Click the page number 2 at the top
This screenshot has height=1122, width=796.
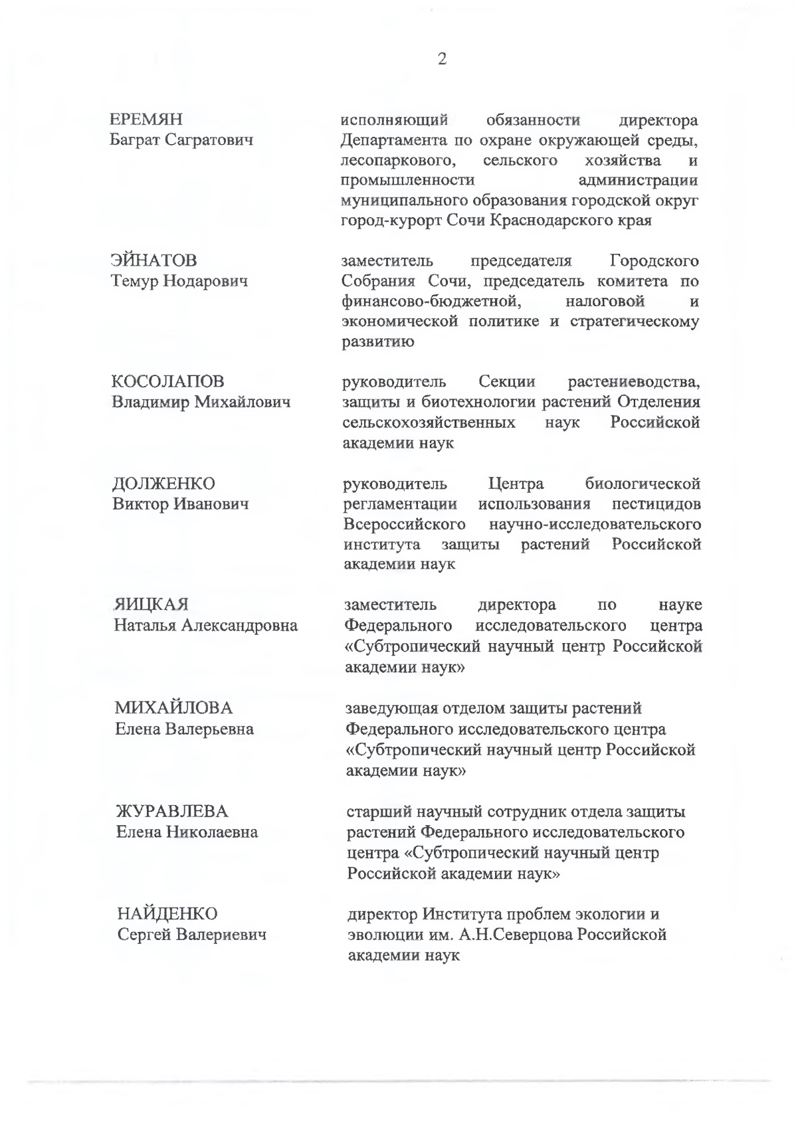click(x=442, y=59)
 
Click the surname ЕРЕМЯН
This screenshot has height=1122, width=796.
click(x=146, y=120)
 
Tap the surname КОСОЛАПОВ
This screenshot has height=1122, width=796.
click(x=168, y=381)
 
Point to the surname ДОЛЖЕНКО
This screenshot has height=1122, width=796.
click(x=163, y=483)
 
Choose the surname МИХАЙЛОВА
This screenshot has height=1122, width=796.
click(x=174, y=707)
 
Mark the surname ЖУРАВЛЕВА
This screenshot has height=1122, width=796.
click(x=172, y=811)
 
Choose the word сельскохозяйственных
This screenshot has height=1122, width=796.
click(x=429, y=423)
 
